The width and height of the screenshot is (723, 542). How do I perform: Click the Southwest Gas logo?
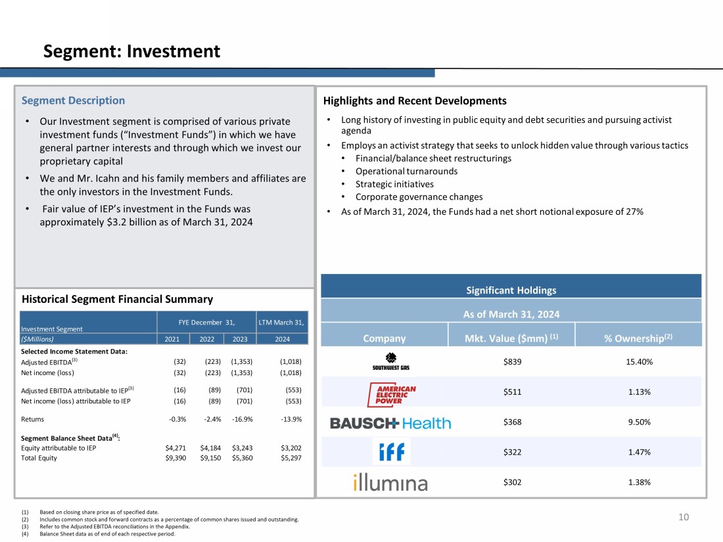pos(390,361)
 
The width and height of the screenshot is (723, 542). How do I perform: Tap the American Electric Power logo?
pos(392,393)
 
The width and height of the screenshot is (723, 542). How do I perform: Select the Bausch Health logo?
pos(390,423)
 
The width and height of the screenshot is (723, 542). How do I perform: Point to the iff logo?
pos(392,452)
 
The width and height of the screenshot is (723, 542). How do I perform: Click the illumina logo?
pos(390,483)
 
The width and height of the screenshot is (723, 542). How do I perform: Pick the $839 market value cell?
pos(512,361)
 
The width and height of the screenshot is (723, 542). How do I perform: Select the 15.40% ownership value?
pos(638,361)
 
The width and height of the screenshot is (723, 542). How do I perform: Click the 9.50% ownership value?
pos(638,422)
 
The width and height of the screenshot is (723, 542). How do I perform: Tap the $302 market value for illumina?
pos(512,482)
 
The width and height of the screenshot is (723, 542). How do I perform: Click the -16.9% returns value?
pos(243,418)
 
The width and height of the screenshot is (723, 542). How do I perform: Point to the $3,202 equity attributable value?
pos(291,448)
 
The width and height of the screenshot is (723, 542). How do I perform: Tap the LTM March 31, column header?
pos(282,321)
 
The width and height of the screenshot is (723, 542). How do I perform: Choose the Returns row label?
pos(33,418)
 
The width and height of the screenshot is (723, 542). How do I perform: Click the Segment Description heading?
pos(73,101)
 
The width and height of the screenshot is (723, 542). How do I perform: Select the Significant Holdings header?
pos(510,290)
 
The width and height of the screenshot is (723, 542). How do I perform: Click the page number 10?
pos(684,517)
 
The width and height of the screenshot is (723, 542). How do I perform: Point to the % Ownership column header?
pos(638,338)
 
